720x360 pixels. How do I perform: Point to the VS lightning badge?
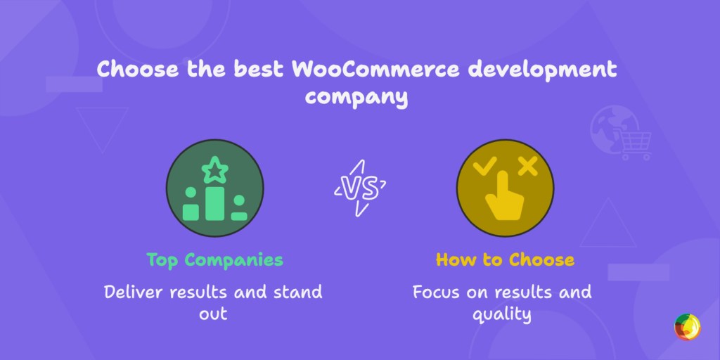click(x=359, y=188)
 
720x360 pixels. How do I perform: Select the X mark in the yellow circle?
click(x=527, y=167)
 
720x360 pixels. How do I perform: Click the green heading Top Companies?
click(x=214, y=259)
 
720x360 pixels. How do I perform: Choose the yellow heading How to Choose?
click(x=504, y=259)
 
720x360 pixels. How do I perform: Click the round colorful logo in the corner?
click(x=687, y=327)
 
